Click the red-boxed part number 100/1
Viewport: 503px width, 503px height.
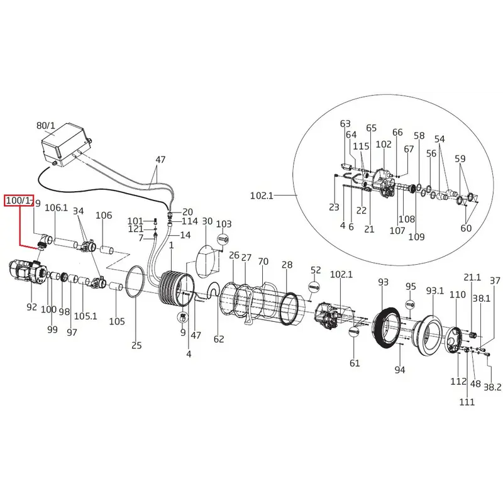19,201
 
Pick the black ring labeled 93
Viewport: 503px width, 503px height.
387,328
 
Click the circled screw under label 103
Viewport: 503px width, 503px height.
223,240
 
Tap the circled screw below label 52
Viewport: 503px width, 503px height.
314,287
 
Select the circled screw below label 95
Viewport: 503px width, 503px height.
411,304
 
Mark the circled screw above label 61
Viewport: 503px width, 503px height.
354,331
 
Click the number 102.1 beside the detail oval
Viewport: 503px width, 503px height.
262,195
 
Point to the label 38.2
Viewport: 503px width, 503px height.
492,387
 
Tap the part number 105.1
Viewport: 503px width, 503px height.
86,316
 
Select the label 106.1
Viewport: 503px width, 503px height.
56,207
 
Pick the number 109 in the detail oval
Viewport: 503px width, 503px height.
416,237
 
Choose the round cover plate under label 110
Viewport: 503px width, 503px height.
454,340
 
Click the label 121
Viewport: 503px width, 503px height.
135,229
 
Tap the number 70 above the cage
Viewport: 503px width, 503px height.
263,262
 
